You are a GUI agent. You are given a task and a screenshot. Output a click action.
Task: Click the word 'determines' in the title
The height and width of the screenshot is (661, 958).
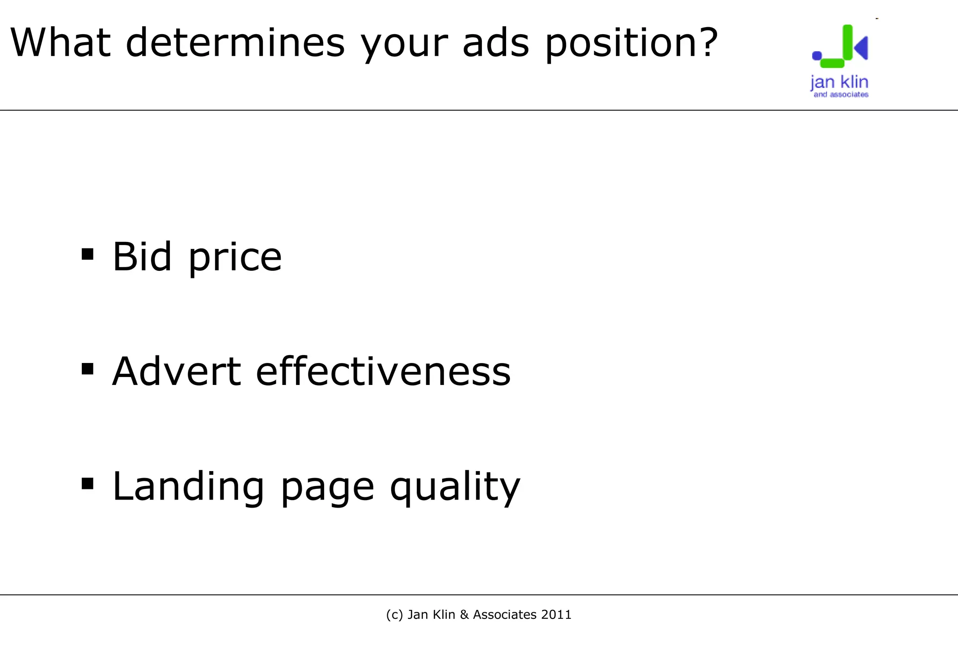[x=235, y=43]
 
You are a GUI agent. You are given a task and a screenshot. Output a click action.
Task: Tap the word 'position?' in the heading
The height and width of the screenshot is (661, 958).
[x=631, y=43]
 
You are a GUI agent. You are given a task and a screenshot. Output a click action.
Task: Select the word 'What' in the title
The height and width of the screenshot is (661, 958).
[x=60, y=43]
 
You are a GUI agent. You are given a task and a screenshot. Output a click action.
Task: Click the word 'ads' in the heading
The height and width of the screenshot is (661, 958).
[x=496, y=43]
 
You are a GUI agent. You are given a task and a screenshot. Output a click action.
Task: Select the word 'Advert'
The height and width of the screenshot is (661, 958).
[x=176, y=371]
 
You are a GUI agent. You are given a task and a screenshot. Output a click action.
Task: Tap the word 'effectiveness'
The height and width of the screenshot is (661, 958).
[x=383, y=371]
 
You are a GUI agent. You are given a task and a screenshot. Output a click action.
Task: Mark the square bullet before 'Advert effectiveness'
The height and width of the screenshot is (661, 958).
[x=87, y=369]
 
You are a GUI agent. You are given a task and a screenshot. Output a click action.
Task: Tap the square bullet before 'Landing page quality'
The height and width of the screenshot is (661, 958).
[x=87, y=484]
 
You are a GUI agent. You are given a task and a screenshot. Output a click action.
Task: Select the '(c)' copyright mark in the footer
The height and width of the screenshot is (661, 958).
[x=394, y=615]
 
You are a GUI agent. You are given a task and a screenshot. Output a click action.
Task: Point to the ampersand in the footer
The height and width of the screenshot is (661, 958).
[x=464, y=615]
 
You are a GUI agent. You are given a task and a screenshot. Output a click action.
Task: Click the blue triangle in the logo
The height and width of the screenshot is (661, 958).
[x=862, y=48]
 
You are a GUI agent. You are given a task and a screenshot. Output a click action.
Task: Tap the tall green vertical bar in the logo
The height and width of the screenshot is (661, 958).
[x=847, y=42]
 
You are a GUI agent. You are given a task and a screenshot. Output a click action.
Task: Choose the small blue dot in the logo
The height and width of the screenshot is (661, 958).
[x=817, y=56]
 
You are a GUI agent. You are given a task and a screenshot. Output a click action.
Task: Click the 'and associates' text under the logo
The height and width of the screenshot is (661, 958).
[x=841, y=94]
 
